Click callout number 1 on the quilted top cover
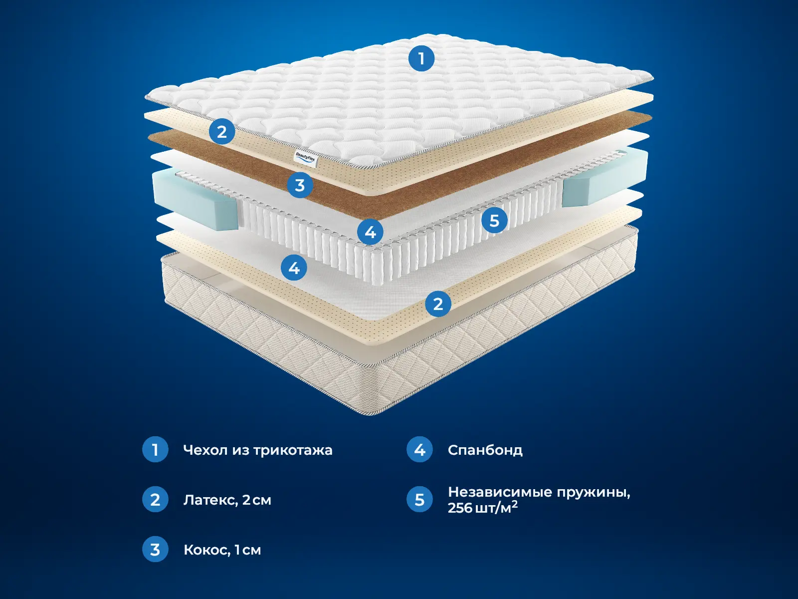click(421, 58)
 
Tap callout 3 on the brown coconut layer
click(300, 185)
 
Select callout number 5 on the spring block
click(494, 221)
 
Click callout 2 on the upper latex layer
click(222, 131)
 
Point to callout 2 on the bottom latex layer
click(438, 303)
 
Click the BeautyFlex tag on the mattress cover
click(306, 160)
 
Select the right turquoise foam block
click(605, 178)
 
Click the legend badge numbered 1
click(155, 450)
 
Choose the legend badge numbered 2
click(155, 499)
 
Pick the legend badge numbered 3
click(155, 549)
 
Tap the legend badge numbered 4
click(419, 450)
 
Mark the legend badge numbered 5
click(419, 499)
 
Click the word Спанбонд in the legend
click(485, 450)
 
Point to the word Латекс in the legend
click(210, 501)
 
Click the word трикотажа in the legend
click(293, 451)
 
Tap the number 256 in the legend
click(460, 508)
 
